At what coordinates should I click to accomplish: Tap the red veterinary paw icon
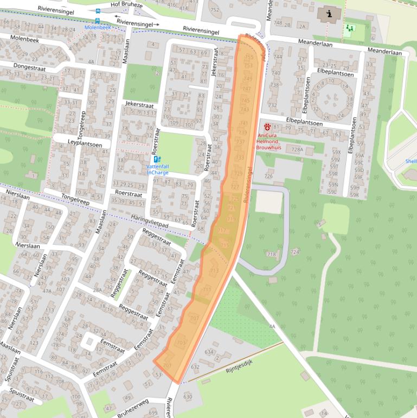tap(267, 126)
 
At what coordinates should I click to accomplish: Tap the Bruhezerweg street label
tap(132, 409)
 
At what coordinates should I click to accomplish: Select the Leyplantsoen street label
tap(85, 143)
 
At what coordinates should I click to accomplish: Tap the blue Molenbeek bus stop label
tap(97, 27)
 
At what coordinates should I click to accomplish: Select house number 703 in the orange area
tap(181, 343)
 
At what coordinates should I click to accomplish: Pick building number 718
tap(272, 254)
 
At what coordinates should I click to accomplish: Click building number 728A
tap(297, 149)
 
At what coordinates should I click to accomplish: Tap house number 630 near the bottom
tap(188, 397)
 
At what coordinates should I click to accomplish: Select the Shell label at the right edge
tap(411, 161)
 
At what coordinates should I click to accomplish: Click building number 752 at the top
tap(215, 10)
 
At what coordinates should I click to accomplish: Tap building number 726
tap(268, 176)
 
